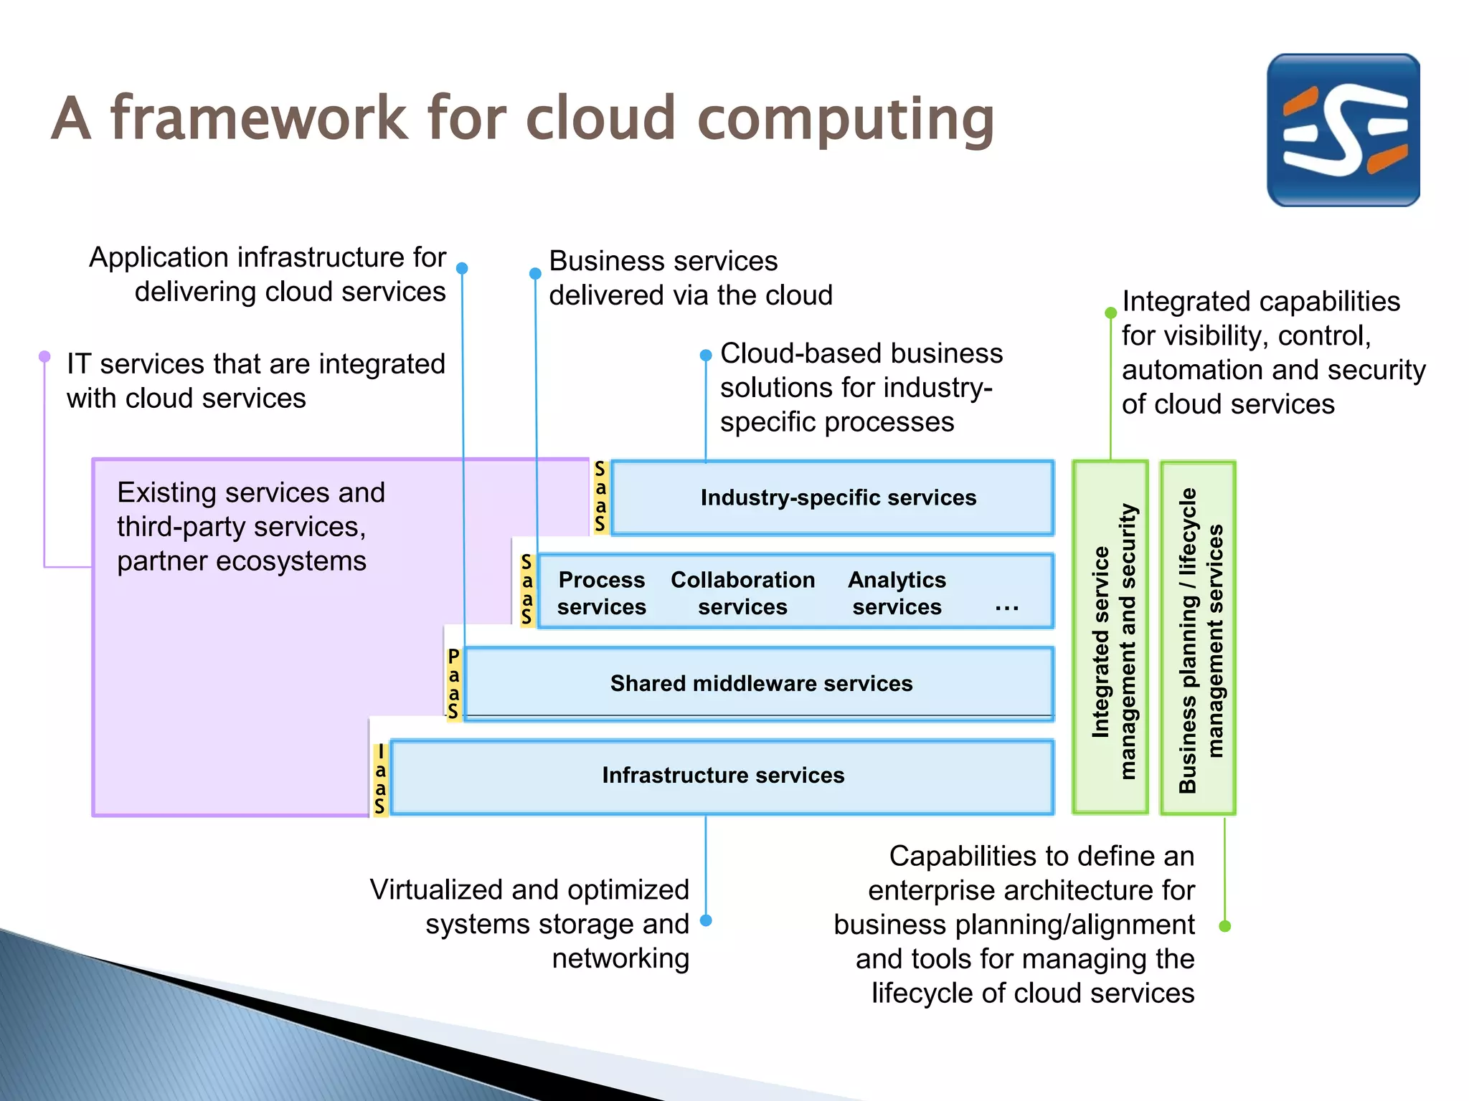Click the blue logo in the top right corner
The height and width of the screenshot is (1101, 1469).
[1343, 130]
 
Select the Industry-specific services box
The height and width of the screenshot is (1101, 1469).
[832, 497]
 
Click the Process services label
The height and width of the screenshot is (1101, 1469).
[601, 593]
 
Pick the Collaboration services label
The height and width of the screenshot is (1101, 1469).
[742, 593]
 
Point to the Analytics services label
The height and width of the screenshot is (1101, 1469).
[897, 593]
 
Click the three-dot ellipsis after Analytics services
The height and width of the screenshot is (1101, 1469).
[1006, 608]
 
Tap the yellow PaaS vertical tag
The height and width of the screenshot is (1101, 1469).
[453, 684]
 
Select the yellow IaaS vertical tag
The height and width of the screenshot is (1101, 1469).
[380, 779]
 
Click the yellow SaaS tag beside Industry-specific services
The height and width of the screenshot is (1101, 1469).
[600, 497]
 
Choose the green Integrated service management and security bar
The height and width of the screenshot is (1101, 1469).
[1110, 638]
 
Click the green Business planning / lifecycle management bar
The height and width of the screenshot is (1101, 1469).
[1198, 638]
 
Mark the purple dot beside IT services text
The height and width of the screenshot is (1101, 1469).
[44, 356]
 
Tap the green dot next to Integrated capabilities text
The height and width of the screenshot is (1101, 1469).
[1110, 313]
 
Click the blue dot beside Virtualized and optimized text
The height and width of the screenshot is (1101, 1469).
[706, 920]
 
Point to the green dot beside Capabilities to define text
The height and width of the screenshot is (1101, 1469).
[1225, 926]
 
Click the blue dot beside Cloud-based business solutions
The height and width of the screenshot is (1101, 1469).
[706, 355]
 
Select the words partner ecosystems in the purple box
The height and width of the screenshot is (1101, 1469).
[241, 561]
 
